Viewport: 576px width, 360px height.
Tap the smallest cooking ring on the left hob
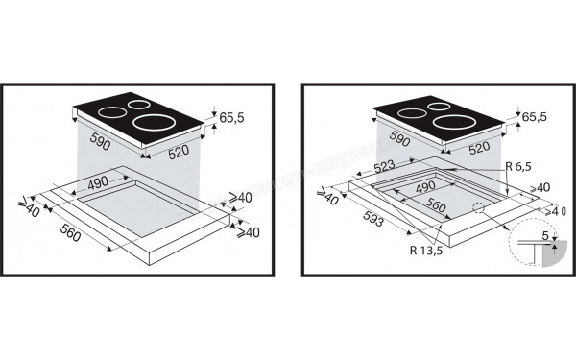[138, 106]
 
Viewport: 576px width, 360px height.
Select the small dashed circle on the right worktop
[480, 209]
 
